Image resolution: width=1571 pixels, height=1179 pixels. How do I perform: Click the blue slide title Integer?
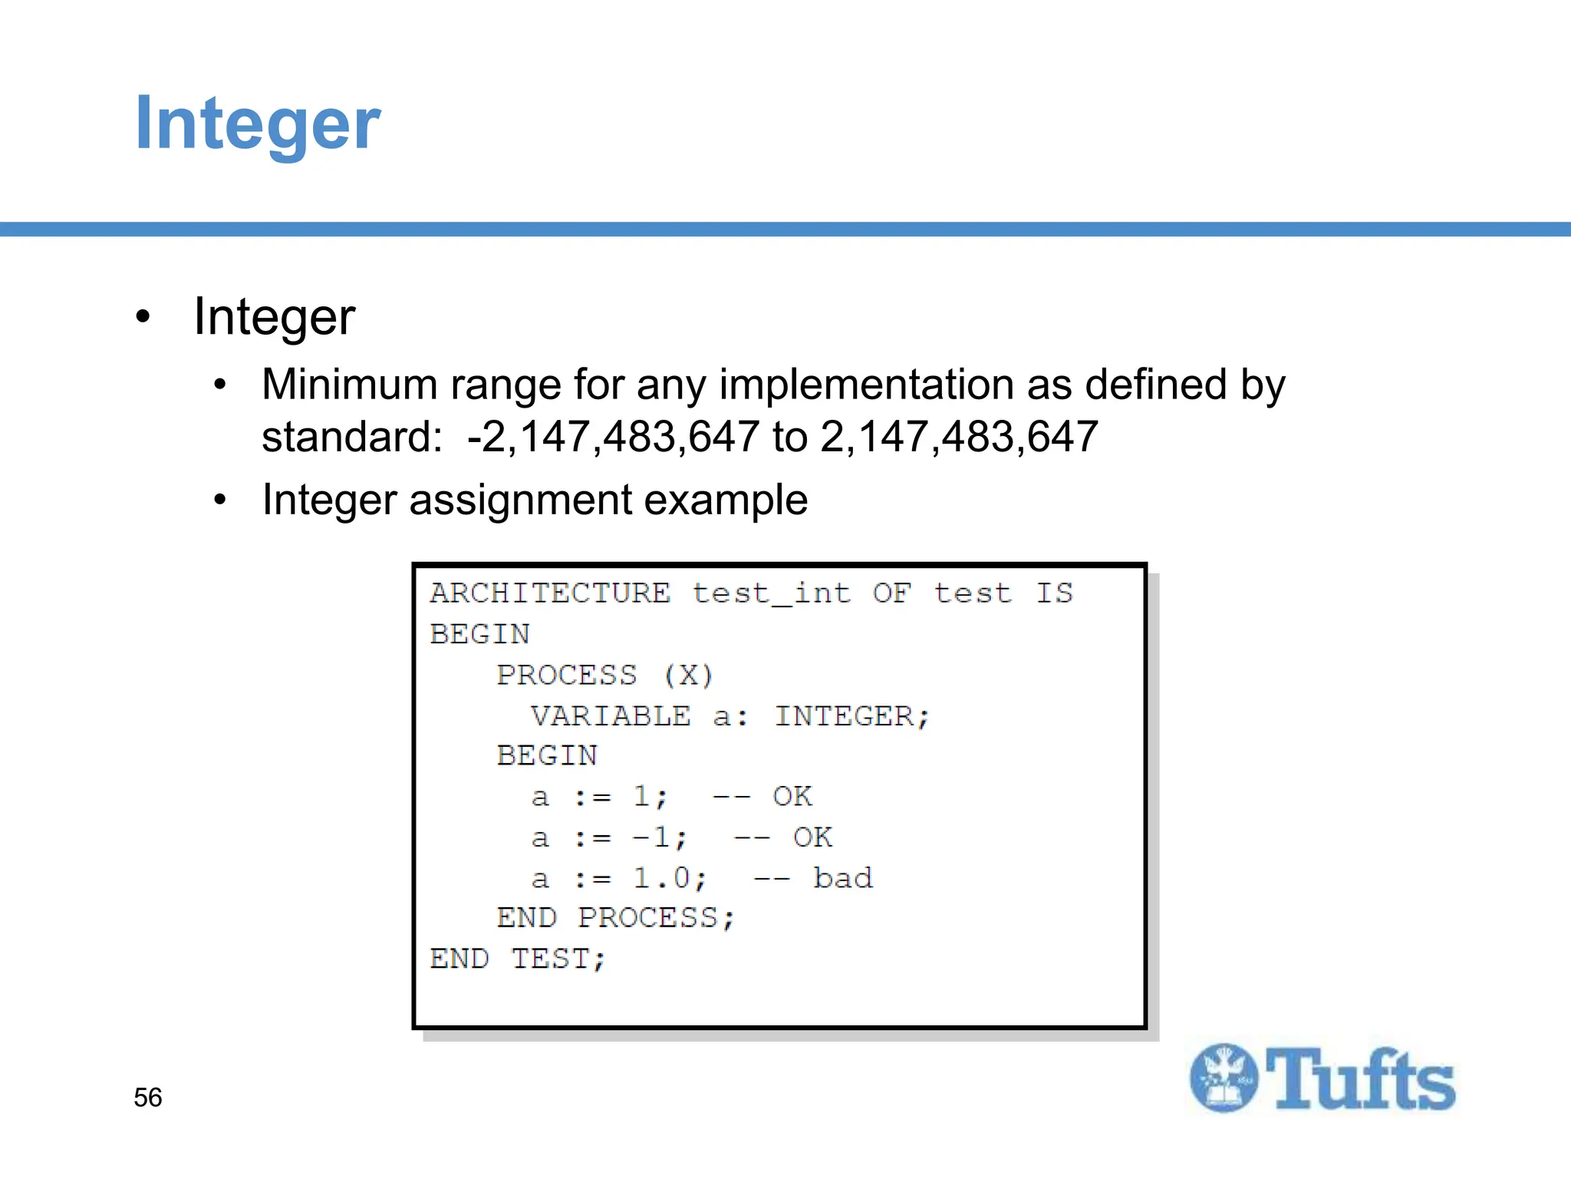coord(257,124)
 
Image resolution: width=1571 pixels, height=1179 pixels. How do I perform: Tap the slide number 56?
coord(147,1098)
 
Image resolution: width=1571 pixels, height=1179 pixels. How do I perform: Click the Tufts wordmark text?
coord(1359,1080)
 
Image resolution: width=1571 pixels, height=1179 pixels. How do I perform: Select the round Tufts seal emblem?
coord(1224,1078)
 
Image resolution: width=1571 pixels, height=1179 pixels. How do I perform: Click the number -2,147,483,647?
coord(613,437)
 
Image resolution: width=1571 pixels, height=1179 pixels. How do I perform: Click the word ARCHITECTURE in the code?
coord(550,593)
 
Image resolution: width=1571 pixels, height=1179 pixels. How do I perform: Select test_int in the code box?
coord(771,593)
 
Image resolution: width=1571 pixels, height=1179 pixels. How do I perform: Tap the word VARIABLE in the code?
coord(611,716)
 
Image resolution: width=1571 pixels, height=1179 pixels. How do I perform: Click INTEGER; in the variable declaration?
coord(851,716)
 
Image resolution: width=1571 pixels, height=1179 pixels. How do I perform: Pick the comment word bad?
coord(843,878)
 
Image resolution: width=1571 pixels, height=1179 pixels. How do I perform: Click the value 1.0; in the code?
coord(669,878)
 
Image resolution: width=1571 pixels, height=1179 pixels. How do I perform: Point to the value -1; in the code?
coord(660,837)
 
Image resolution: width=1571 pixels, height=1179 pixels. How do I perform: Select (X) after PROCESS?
coord(688,675)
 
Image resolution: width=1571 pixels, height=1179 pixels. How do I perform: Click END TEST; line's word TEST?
coord(558,959)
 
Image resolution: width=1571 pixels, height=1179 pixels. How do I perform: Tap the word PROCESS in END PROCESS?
coord(656,919)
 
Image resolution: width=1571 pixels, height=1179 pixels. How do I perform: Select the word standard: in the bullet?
coord(352,437)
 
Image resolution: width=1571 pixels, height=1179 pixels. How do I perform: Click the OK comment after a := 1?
coord(792,797)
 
